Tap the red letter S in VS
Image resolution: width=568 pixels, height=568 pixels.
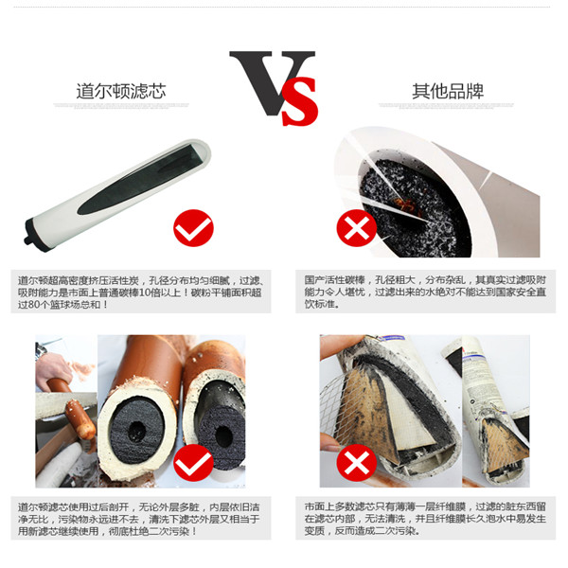tap(300, 101)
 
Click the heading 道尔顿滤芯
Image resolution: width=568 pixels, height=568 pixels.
tap(121, 91)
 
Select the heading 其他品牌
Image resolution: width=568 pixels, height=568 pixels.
tap(448, 91)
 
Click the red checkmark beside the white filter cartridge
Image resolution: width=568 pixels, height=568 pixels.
tap(193, 228)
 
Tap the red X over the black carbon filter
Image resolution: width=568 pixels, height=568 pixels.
tap(357, 228)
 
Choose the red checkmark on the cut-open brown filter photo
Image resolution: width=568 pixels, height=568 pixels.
tap(193, 463)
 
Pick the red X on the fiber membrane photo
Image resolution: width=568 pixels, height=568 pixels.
tap(357, 463)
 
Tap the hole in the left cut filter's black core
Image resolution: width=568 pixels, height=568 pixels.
tap(137, 431)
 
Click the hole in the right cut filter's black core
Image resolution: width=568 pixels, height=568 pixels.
tap(223, 435)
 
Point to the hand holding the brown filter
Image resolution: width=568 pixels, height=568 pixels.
tap(51, 367)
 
